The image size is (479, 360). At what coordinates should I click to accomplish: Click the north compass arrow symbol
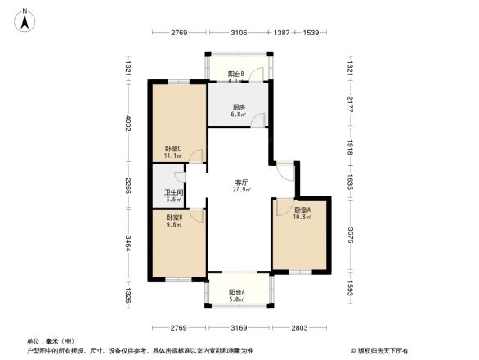(x=26, y=19)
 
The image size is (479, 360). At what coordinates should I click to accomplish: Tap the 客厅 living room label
(x=242, y=182)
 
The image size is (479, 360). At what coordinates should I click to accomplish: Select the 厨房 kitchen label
(x=239, y=107)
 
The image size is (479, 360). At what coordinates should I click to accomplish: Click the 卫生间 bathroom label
(x=172, y=192)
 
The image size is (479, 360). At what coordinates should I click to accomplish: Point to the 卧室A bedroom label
(x=302, y=209)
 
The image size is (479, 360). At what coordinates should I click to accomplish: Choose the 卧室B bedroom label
(x=174, y=217)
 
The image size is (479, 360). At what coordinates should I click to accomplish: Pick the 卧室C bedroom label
(x=172, y=148)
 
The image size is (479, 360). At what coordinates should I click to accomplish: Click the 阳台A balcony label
(x=238, y=292)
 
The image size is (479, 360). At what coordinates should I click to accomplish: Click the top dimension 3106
(x=239, y=33)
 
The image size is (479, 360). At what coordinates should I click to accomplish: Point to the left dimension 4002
(x=128, y=123)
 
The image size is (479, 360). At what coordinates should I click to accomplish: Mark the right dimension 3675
(x=350, y=236)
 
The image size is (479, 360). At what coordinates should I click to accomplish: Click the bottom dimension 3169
(x=238, y=328)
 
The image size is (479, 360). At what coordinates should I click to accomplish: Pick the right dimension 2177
(x=350, y=105)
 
